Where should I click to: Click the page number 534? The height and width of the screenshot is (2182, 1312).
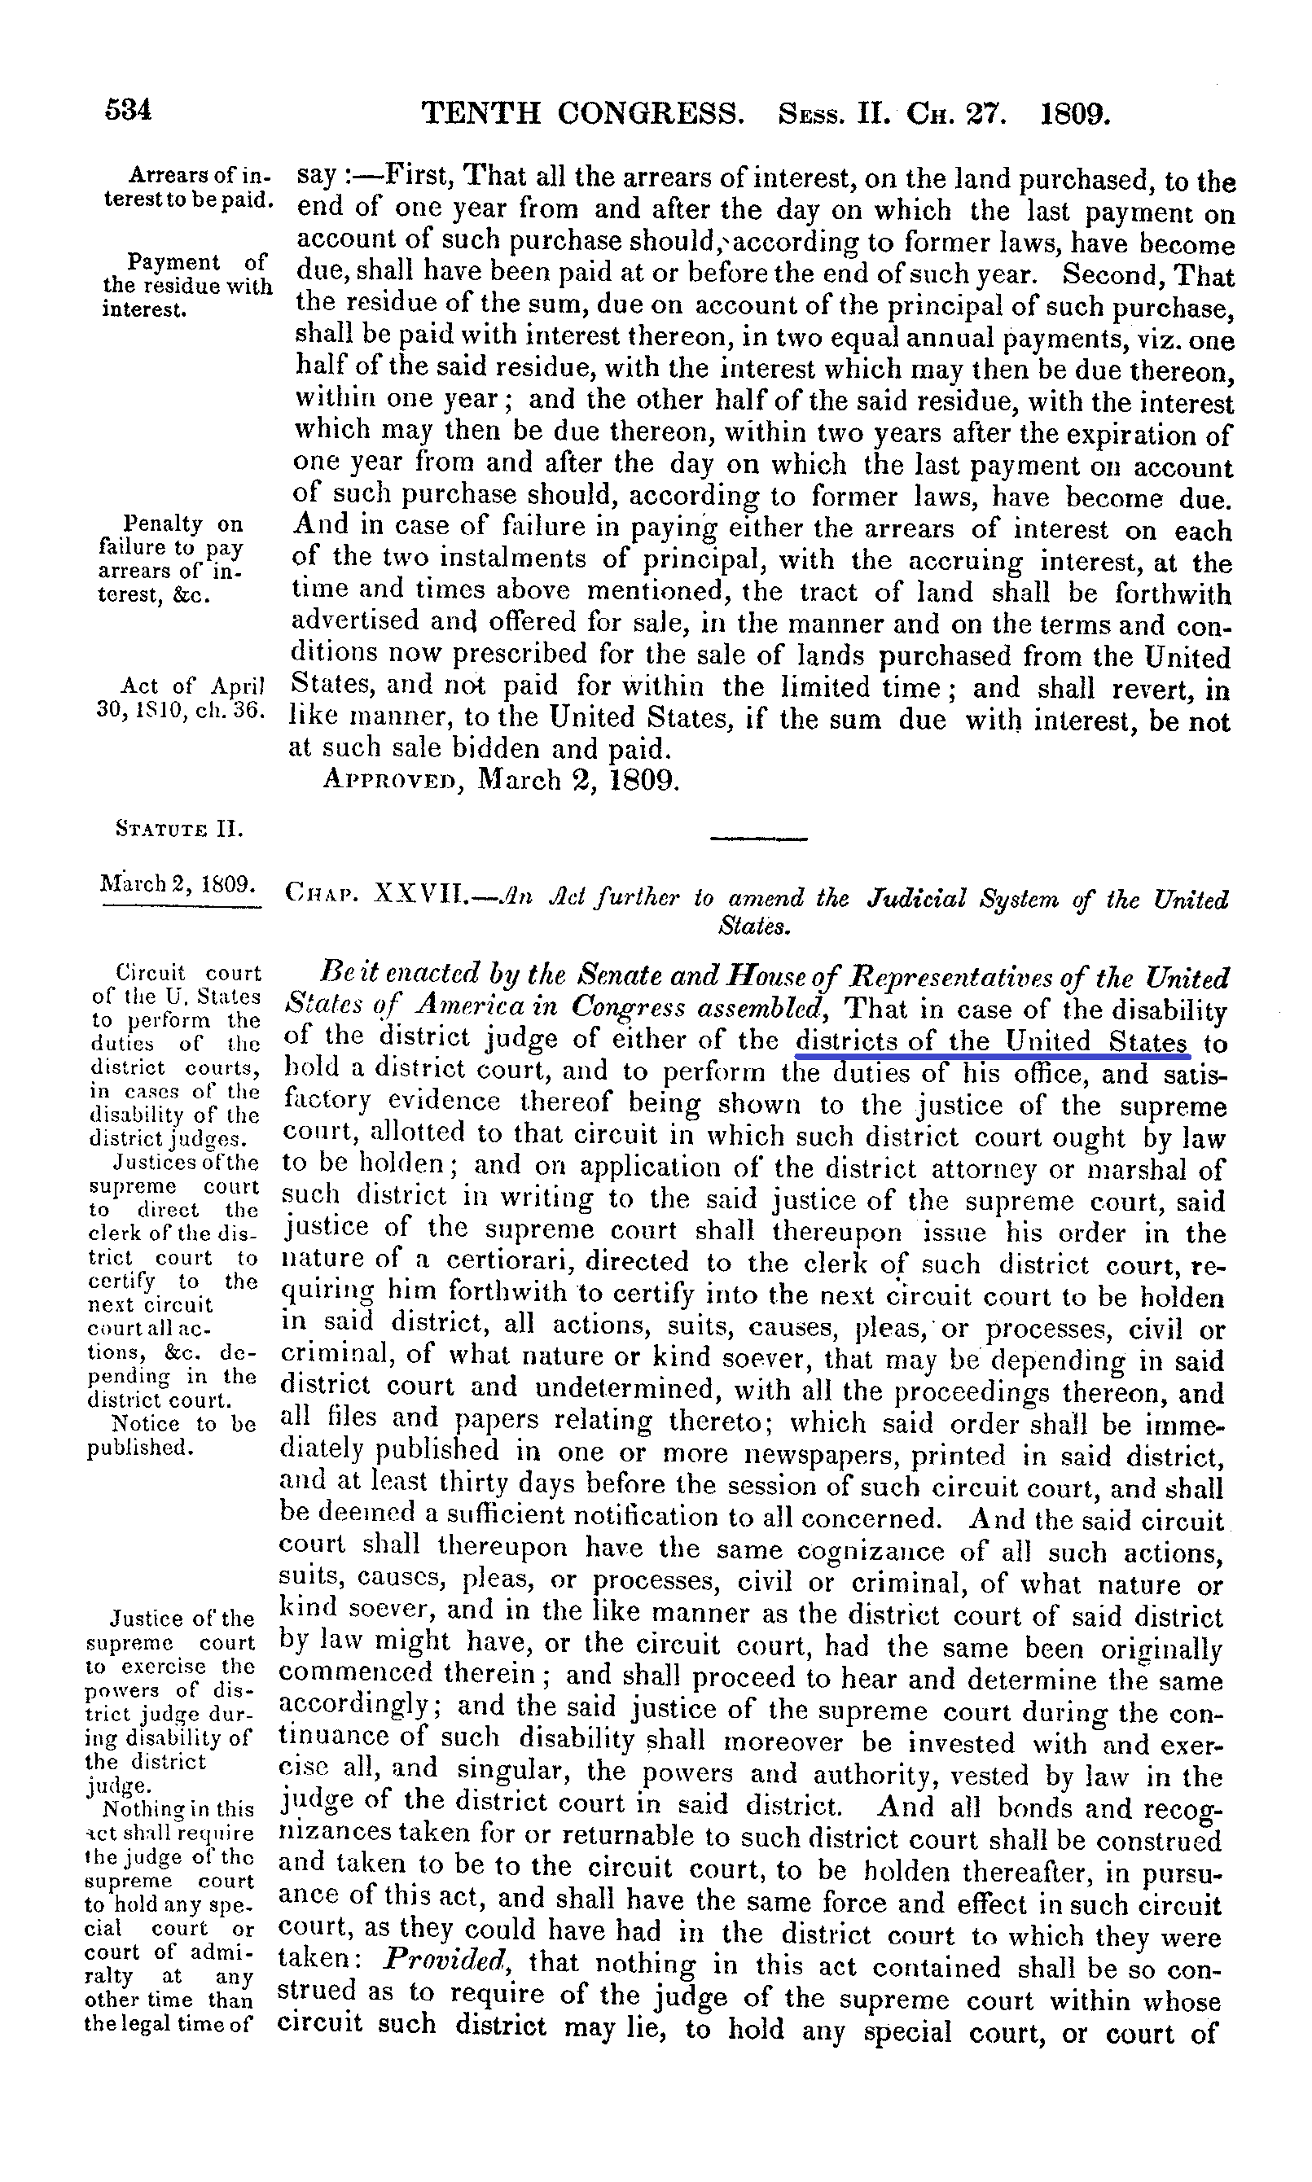coord(128,110)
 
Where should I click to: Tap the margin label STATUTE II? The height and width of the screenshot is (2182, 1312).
coord(179,829)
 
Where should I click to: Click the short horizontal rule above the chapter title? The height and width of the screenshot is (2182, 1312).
coord(758,838)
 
